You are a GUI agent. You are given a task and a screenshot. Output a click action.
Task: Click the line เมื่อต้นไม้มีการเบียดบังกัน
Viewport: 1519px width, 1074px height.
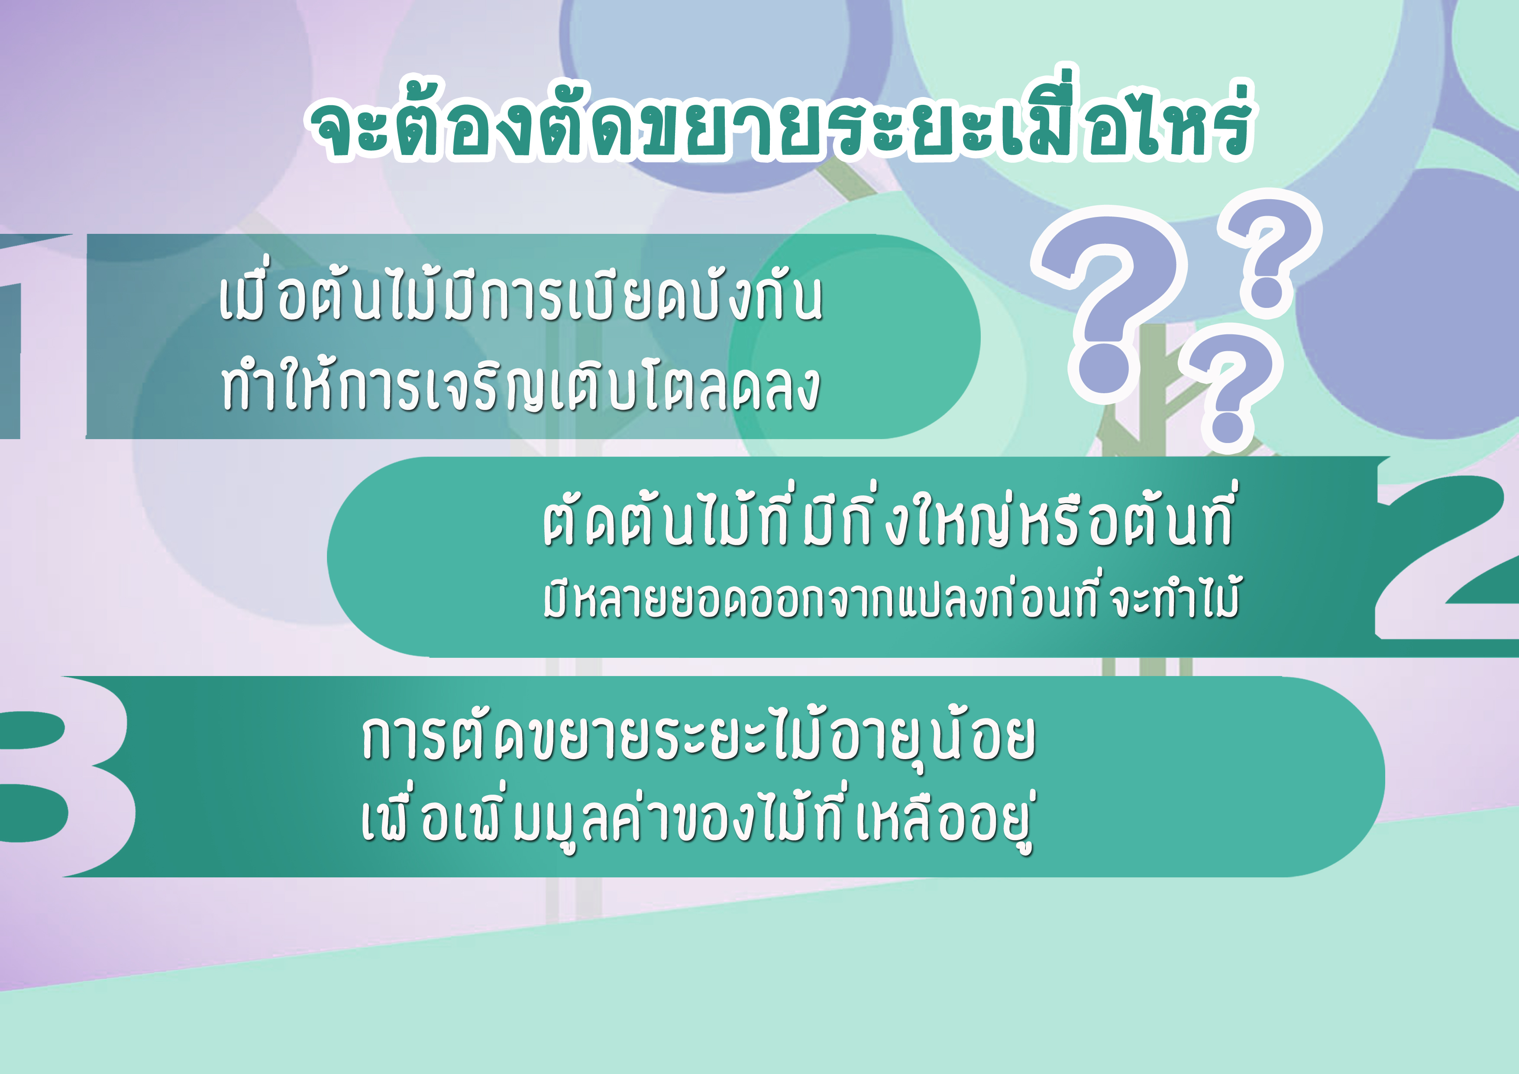click(x=520, y=298)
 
